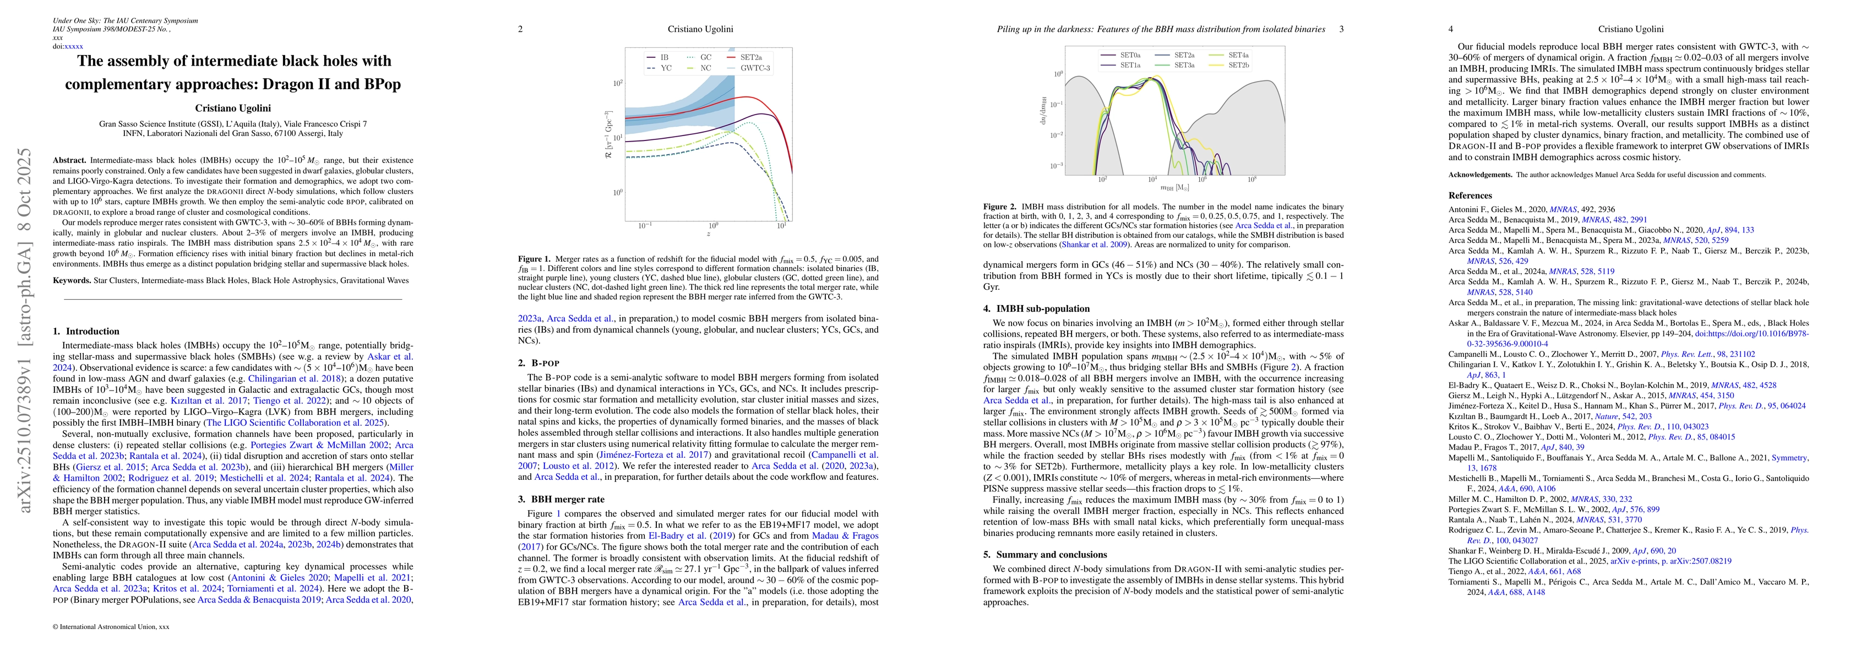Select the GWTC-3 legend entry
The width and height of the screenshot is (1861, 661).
[x=754, y=68]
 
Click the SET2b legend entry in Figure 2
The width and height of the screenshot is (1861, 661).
[x=1238, y=65]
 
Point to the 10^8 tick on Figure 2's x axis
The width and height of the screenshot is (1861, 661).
[x=1251, y=179]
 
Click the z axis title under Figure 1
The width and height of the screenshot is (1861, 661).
[x=708, y=234]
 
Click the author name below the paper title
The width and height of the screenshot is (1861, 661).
[x=232, y=109]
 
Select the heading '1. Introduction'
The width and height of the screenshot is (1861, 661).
[x=86, y=332]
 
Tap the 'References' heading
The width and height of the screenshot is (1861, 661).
[x=1470, y=195]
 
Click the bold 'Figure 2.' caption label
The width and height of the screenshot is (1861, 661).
[x=1000, y=207]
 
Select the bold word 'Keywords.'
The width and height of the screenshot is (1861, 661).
[x=72, y=280]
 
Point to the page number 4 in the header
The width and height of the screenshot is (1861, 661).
[x=1451, y=29]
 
